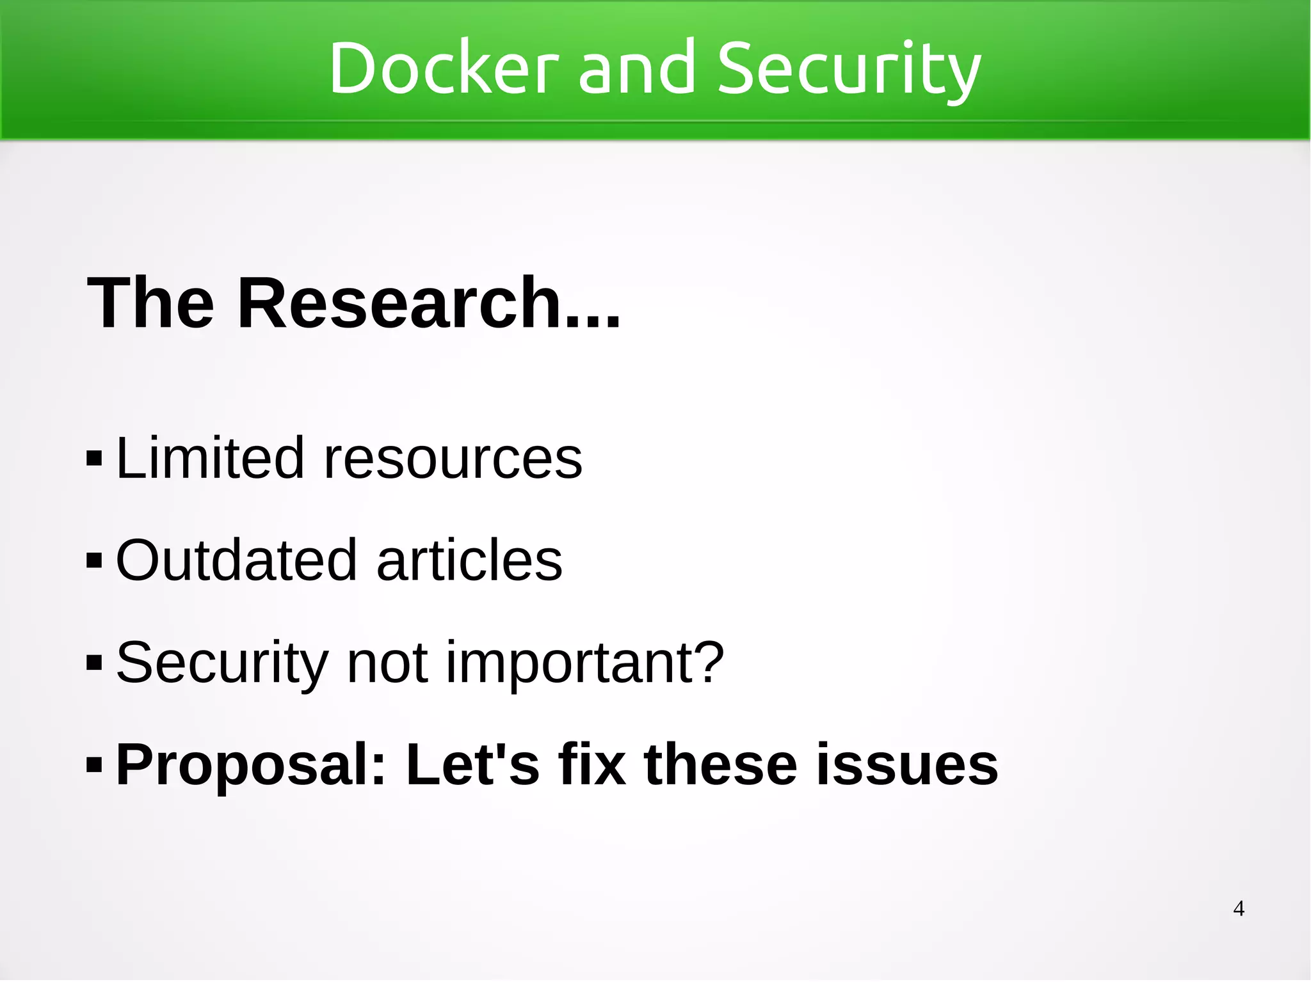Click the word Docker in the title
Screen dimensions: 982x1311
444,68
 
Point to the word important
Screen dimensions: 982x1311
584,664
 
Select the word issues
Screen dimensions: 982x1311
906,765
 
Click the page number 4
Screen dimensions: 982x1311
1239,908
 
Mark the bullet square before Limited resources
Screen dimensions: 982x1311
94,459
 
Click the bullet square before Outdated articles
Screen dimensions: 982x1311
94,561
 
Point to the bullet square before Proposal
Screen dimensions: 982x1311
94,764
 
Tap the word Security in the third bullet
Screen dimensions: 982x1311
222,664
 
